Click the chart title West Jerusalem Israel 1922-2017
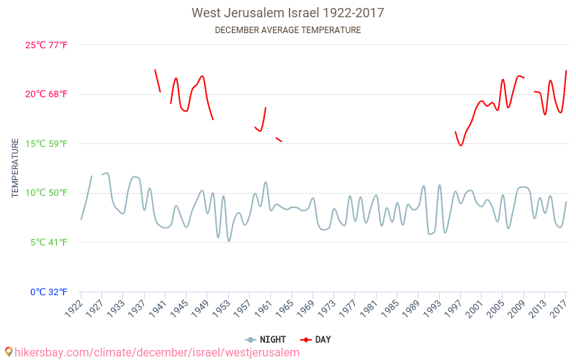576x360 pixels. click(x=287, y=13)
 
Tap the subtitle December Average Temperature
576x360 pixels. click(x=287, y=30)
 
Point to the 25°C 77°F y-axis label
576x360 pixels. click(x=46, y=45)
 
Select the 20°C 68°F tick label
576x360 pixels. click(x=46, y=94)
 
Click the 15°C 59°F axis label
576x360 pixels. click(x=46, y=143)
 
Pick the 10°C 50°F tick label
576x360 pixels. click(x=46, y=193)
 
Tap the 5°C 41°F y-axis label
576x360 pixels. click(x=49, y=243)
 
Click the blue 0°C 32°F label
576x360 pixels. click(x=49, y=292)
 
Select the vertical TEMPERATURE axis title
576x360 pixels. click(x=15, y=168)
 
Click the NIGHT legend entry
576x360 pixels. click(x=265, y=340)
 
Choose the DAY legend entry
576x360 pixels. click(x=315, y=340)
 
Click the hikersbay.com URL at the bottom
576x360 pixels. click(x=157, y=353)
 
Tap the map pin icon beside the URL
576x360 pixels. click(x=9, y=352)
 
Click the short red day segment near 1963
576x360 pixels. click(x=279, y=140)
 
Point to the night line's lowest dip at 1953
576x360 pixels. click(x=229, y=241)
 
